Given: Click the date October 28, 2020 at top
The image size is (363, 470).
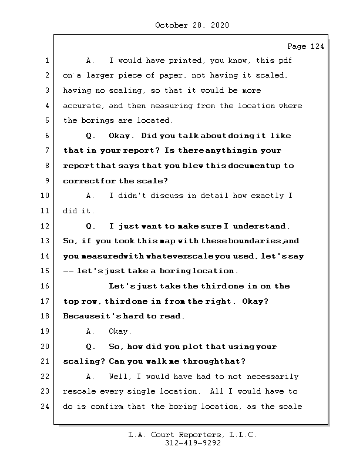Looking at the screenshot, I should tap(191, 25).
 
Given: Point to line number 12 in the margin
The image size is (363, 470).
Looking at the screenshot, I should tap(45, 226).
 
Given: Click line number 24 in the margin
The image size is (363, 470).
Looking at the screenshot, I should tap(45, 407).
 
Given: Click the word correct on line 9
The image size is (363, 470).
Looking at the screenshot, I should tap(80, 181).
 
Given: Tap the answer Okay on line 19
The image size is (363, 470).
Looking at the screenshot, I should tap(120, 331).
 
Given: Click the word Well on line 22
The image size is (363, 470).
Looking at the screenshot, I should tap(120, 377).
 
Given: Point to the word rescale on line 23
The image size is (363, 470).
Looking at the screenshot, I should tap(80, 391).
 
